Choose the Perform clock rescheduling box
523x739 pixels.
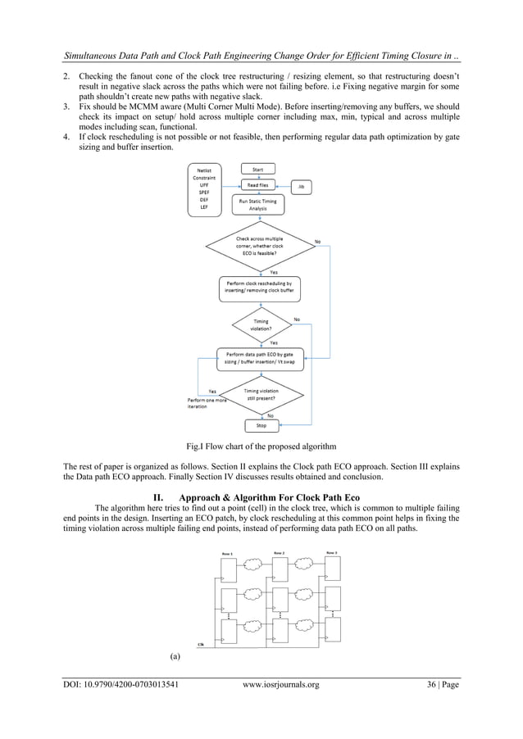click(x=259, y=288)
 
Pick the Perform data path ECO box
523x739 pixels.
click(x=258, y=357)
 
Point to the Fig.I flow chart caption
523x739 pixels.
click(x=261, y=447)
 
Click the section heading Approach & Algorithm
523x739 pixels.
click(x=261, y=496)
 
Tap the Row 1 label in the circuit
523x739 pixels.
click(x=227, y=554)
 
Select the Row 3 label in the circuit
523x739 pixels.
click(x=331, y=553)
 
